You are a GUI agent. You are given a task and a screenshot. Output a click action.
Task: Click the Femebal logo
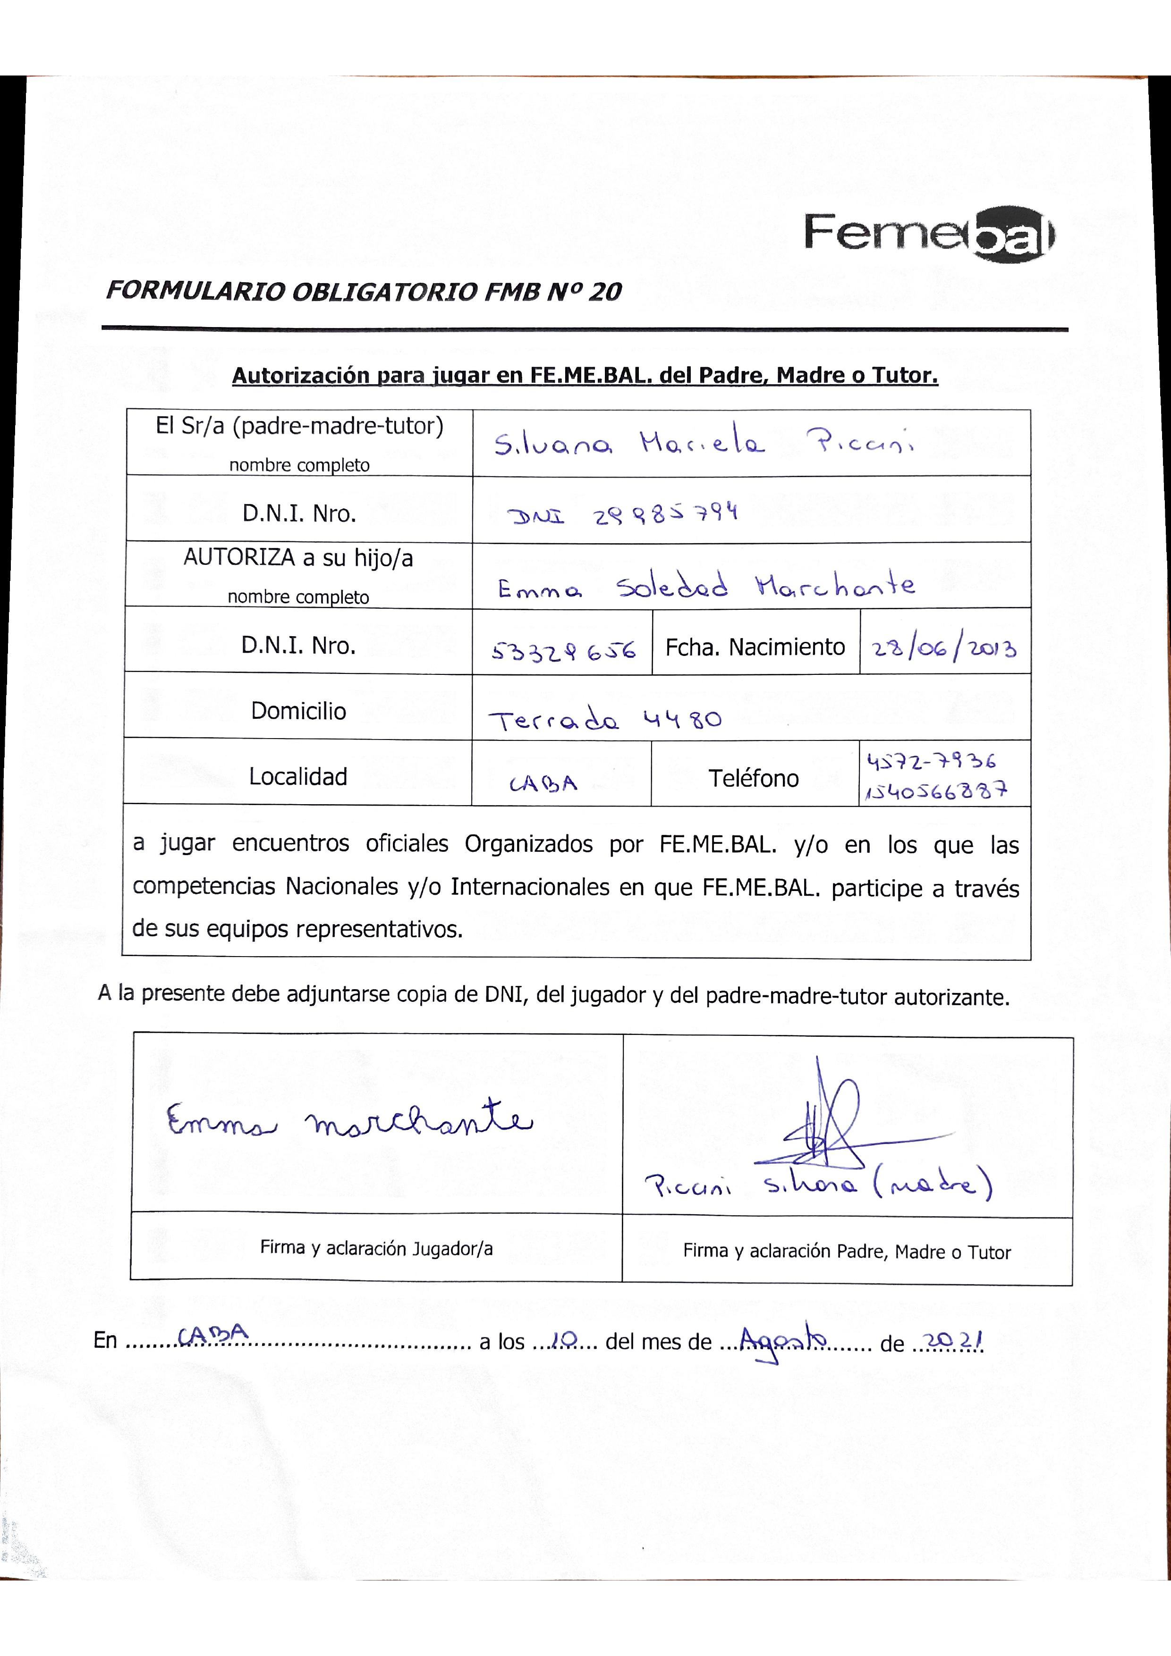(929, 233)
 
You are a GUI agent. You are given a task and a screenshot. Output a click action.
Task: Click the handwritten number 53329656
(563, 651)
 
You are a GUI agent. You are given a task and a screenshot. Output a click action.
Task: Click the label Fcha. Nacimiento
(755, 647)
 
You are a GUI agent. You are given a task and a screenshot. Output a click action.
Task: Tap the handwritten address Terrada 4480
(604, 720)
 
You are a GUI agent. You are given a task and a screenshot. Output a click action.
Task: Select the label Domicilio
(298, 711)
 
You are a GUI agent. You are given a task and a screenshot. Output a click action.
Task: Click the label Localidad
(298, 777)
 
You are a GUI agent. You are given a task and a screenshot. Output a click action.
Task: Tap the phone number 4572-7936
(931, 761)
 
